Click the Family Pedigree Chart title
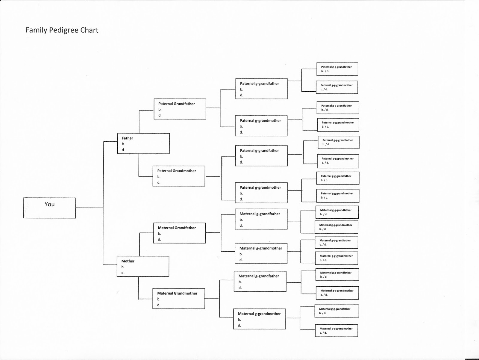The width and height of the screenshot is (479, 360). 62,30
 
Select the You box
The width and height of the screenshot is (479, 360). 49,208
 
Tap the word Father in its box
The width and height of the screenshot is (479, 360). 127,138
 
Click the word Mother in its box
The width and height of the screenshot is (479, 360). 128,261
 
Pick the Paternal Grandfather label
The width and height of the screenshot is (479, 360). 176,104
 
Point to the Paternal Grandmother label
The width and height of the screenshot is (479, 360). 177,171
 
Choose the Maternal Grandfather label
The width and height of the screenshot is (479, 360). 177,228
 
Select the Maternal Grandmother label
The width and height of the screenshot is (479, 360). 177,293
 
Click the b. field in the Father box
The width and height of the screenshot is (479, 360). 123,144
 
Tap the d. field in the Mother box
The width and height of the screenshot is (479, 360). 123,273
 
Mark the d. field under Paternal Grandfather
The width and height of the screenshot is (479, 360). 160,115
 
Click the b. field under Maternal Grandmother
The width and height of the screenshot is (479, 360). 159,299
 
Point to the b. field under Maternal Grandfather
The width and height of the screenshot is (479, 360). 159,234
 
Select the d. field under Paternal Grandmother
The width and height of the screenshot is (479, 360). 159,182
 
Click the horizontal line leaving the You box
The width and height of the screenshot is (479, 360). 89,208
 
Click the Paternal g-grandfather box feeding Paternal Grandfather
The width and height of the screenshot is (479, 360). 261,89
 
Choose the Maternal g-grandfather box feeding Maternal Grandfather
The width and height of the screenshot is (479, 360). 261,219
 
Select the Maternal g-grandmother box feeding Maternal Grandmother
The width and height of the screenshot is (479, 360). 259,319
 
